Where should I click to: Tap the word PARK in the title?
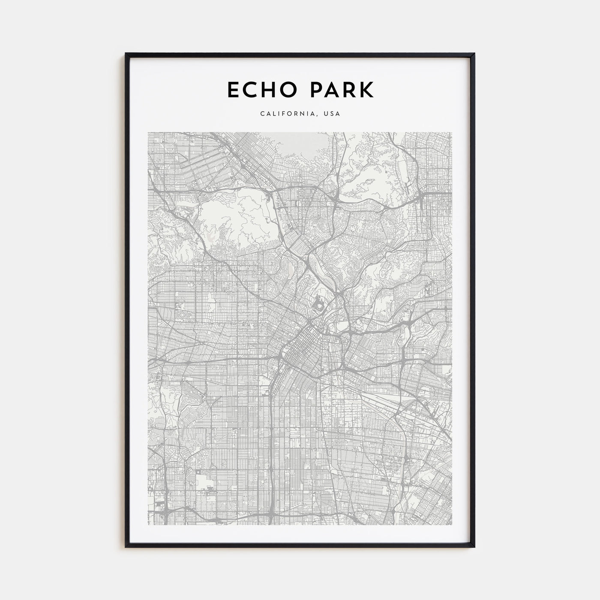click(339, 90)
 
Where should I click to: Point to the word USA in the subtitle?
click(332, 114)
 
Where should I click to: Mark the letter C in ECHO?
click(250, 90)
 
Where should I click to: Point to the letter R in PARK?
click(349, 90)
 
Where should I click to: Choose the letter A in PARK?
click(330, 90)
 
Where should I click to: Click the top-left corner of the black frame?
click(126, 54)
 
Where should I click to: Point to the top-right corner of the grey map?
click(451, 132)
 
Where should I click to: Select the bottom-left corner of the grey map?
click(148, 525)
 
